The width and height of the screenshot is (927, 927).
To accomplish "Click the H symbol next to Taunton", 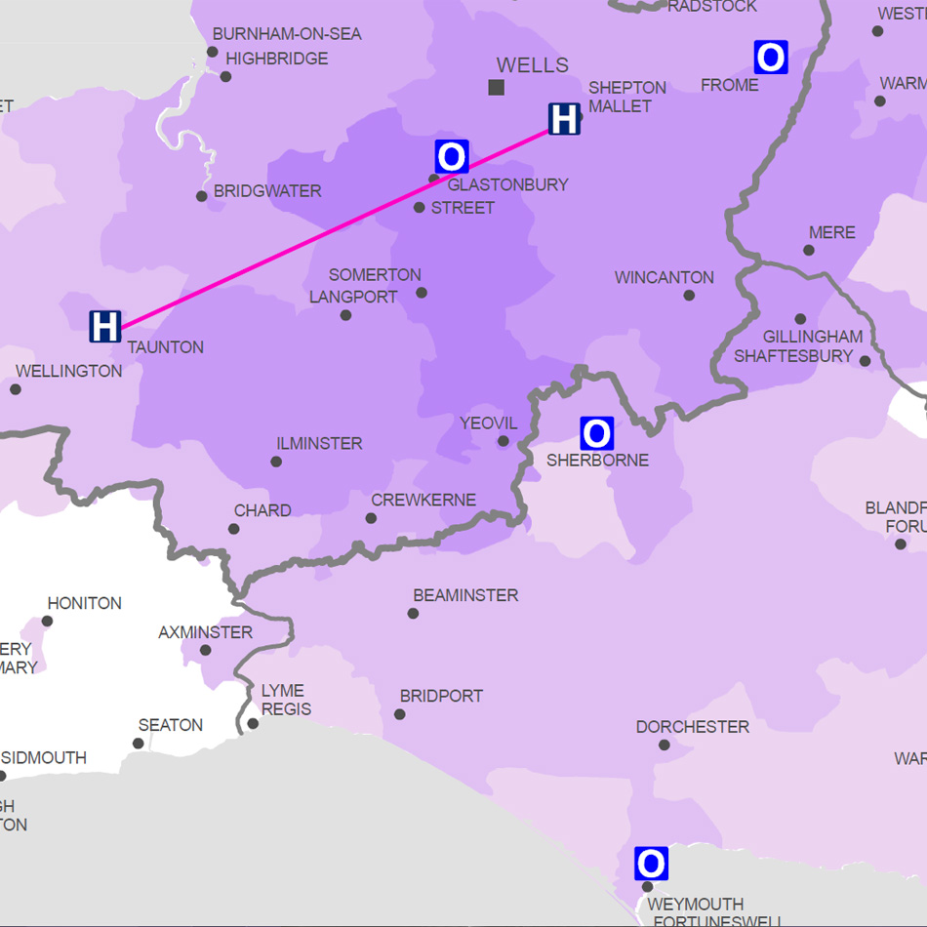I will point(104,326).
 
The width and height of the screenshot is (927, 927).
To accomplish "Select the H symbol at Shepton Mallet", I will point(564,119).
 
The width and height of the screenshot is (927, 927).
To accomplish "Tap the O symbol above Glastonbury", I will point(452,156).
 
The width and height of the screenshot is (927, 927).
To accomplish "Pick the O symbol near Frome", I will point(771,58).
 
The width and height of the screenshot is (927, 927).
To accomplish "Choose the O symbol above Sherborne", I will point(596,432).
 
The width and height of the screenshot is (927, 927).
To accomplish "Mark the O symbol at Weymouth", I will point(651,864).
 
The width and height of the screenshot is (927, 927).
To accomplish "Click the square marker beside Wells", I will point(497,88).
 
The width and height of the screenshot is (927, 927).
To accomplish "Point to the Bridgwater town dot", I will point(202,196).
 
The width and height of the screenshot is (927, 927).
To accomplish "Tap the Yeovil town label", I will point(489,423).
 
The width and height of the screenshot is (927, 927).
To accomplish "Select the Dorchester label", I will point(693,727).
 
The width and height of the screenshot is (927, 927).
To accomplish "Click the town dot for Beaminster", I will point(414,614).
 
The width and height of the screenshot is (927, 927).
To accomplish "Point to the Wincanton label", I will point(665,278).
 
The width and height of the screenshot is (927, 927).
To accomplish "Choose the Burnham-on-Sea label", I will point(287,34).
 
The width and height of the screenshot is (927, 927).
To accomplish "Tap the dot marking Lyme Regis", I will point(253,723).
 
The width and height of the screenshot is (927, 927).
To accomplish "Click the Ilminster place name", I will point(319,444).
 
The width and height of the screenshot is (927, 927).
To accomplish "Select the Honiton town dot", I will point(46,622).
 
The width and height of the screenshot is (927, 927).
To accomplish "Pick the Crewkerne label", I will point(423,501).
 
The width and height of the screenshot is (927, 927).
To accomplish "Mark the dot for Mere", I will point(809,250).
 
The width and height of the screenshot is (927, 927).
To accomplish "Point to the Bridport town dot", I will point(400,714).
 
